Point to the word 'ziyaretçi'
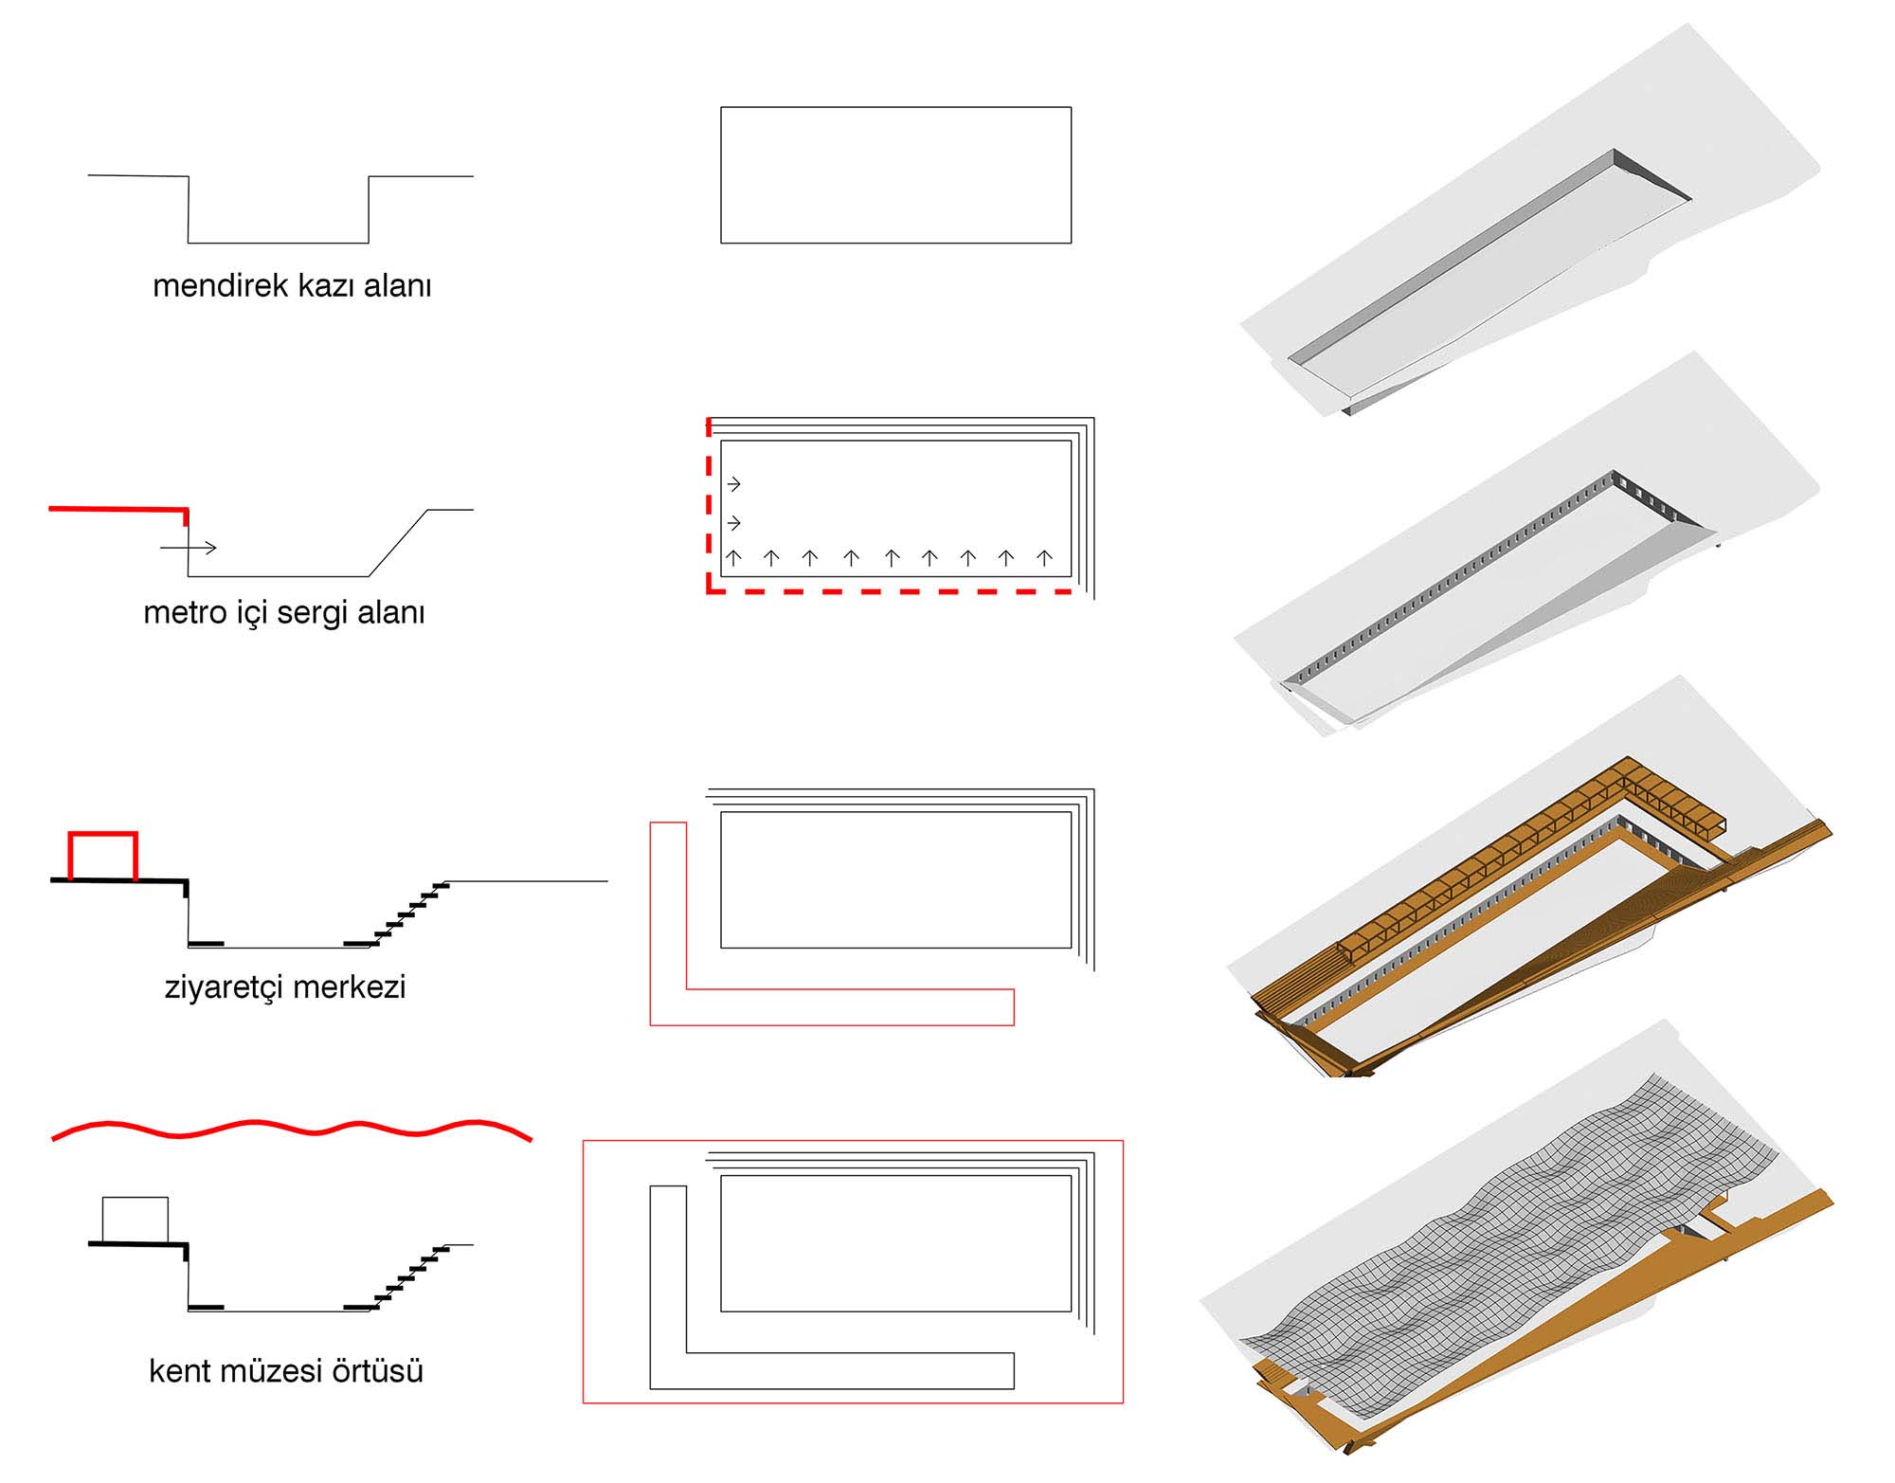(224, 987)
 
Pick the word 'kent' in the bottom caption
(180, 1370)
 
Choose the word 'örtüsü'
(374, 1370)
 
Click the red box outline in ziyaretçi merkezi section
(103, 835)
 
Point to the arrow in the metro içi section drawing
(189, 548)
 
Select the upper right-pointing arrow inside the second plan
(733, 484)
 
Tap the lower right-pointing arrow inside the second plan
(733, 523)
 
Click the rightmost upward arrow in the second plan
(1044, 558)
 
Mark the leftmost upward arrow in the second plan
(733, 558)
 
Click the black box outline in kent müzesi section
(135, 1220)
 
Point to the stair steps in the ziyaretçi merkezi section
(407, 913)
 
